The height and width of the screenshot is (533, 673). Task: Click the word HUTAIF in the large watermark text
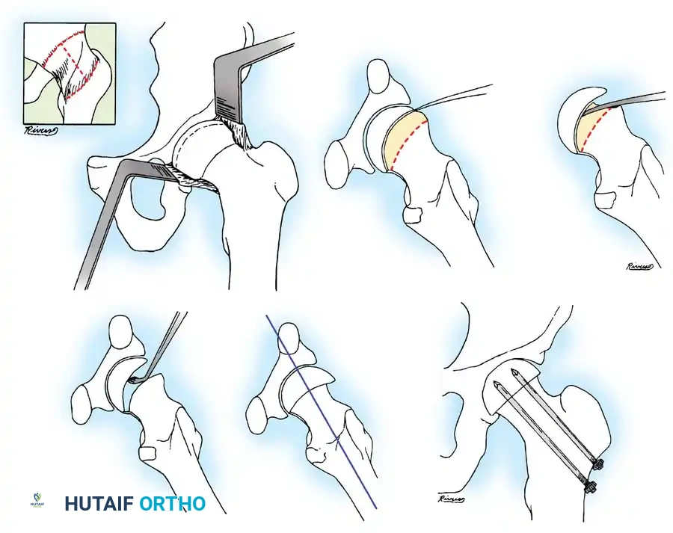pyautogui.click(x=99, y=504)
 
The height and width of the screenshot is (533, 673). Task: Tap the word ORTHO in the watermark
pyautogui.click(x=172, y=504)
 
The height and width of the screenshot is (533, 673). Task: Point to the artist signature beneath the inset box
pyautogui.click(x=42, y=131)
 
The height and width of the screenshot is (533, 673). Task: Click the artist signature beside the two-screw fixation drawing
pyautogui.click(x=453, y=499)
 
